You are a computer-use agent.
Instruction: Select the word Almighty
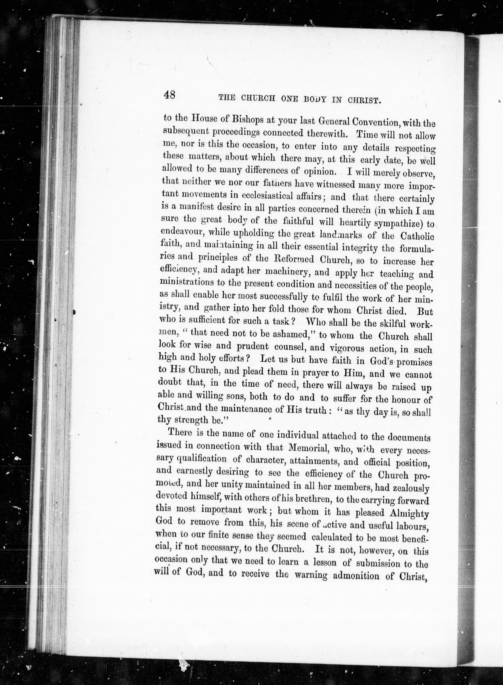coord(410,514)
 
